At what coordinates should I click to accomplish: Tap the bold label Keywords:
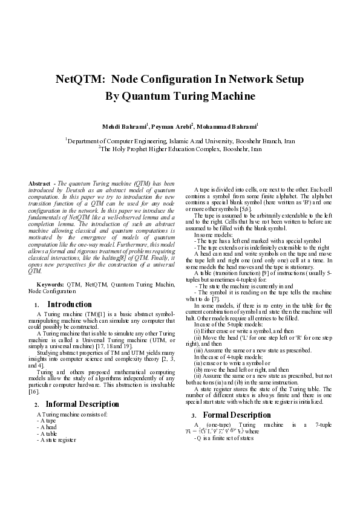point(51,284)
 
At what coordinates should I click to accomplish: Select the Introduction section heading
point(70,304)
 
